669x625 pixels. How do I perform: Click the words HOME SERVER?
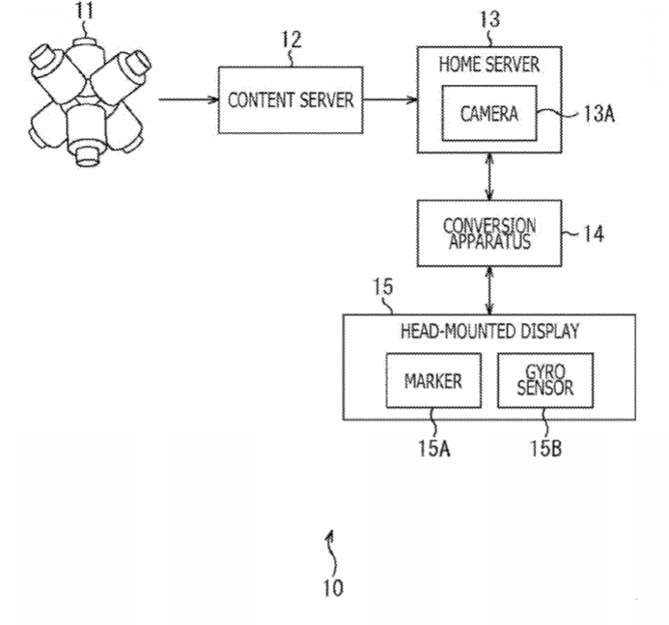(x=489, y=65)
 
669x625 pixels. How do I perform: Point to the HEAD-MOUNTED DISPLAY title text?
(x=489, y=331)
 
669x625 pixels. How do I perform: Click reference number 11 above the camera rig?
(x=84, y=10)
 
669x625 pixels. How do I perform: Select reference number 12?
(x=292, y=40)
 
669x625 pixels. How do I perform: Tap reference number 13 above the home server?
(x=489, y=19)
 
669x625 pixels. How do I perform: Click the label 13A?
(x=599, y=114)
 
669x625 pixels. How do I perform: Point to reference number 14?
(x=593, y=234)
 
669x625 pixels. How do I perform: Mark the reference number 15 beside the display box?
(x=382, y=286)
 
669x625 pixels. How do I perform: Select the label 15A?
(x=433, y=448)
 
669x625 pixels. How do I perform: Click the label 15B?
(x=545, y=448)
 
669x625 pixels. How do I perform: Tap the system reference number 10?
(x=333, y=588)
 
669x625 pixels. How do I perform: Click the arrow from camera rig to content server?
(x=188, y=99)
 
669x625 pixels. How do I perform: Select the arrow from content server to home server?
(x=390, y=99)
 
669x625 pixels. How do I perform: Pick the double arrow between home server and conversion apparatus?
(x=489, y=177)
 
